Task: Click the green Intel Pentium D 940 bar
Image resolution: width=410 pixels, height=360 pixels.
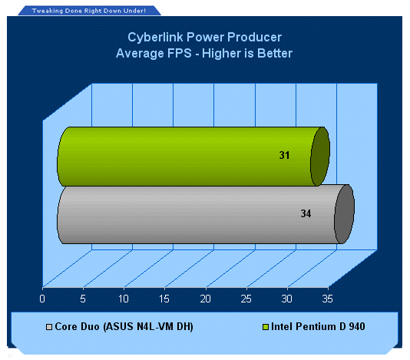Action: tap(193, 157)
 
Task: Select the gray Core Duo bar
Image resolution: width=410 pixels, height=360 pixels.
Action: tap(206, 214)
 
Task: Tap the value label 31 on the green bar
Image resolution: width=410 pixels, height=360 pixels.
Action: tap(284, 155)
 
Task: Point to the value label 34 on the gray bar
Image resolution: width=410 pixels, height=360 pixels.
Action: tap(306, 213)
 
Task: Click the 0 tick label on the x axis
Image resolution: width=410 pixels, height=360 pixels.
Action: tap(42, 299)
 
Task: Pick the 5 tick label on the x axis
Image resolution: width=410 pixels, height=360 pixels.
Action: tap(83, 299)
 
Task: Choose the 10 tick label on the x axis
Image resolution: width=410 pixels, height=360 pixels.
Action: tap(124, 299)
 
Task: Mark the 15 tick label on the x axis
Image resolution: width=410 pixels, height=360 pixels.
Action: tap(164, 299)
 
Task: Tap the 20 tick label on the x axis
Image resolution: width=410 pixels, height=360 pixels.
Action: tap(205, 299)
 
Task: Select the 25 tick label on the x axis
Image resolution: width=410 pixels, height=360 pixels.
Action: tap(246, 299)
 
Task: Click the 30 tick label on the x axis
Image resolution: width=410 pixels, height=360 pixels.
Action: tap(287, 299)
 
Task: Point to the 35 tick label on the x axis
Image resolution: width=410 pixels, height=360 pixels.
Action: tap(327, 299)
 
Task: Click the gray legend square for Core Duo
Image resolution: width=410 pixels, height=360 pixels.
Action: tap(49, 327)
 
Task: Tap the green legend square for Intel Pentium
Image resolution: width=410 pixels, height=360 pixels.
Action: tap(266, 327)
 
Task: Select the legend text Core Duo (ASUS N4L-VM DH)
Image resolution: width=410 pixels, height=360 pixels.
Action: tap(124, 327)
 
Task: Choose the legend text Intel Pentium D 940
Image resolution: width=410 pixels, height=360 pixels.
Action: tap(318, 326)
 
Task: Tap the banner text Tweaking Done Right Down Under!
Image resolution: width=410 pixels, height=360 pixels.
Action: tap(89, 11)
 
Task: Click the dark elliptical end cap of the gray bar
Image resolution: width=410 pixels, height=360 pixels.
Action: tap(345, 214)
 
